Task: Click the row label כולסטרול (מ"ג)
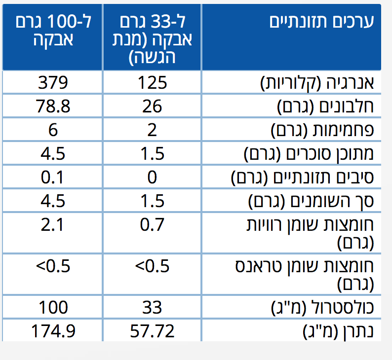pos(322,308)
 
